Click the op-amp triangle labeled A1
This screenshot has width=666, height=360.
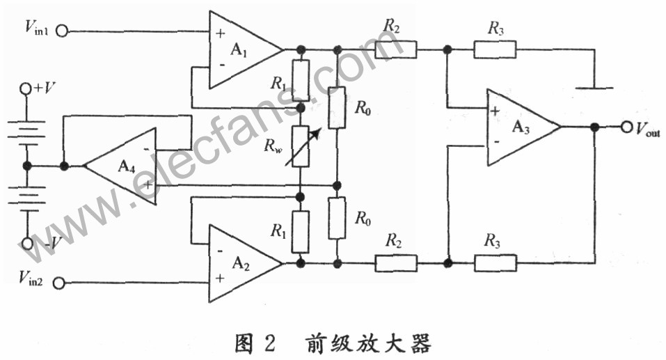point(240,50)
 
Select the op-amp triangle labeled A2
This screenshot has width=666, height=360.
point(240,263)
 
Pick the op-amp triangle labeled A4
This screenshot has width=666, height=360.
point(125,166)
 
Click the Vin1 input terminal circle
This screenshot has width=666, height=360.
point(62,31)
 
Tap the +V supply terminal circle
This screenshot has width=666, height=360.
point(26,89)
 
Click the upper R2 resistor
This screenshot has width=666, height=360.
point(395,49)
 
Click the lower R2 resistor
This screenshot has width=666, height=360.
point(395,263)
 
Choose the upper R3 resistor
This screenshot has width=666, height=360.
point(495,49)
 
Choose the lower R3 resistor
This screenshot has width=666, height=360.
point(495,263)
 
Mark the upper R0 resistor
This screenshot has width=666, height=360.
point(337,108)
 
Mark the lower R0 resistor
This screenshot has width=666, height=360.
point(337,218)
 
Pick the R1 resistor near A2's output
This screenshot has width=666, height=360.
point(300,233)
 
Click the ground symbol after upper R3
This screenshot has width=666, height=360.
point(594,87)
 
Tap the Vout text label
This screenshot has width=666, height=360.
point(645,129)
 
